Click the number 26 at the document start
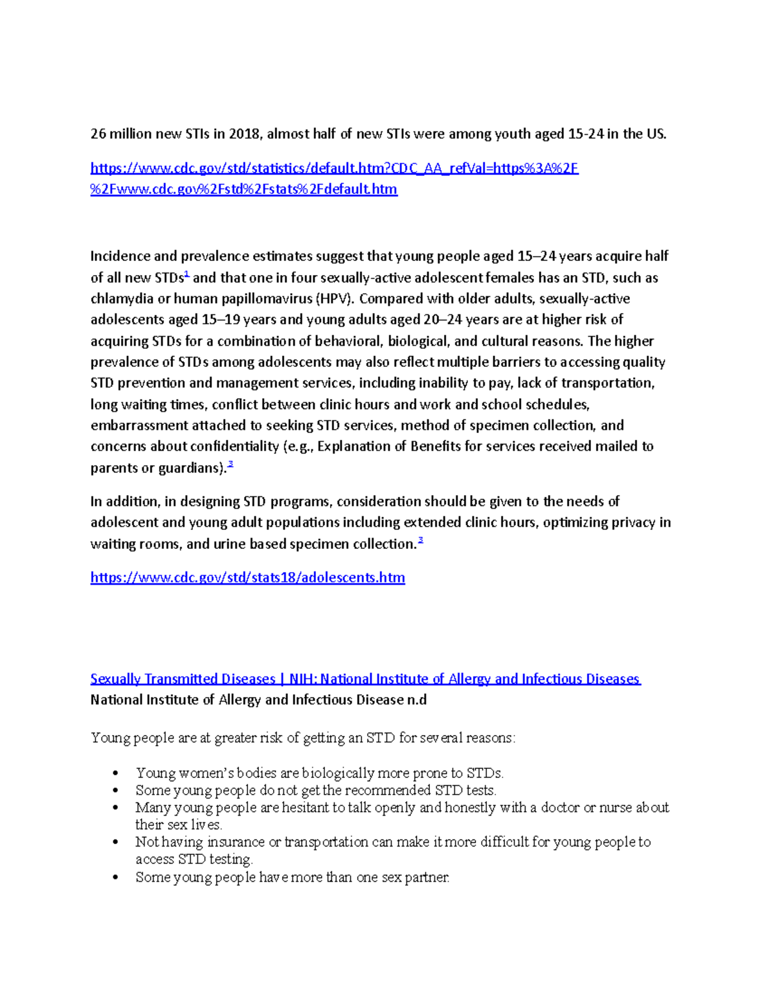click(98, 134)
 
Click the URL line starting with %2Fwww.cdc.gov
click(244, 189)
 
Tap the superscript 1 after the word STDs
click(186, 274)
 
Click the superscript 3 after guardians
click(231, 464)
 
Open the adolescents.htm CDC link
click(247, 578)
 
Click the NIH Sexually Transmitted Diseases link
click(365, 679)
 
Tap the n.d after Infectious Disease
click(417, 700)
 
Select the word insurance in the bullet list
click(236, 842)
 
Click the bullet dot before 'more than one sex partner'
click(115, 878)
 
